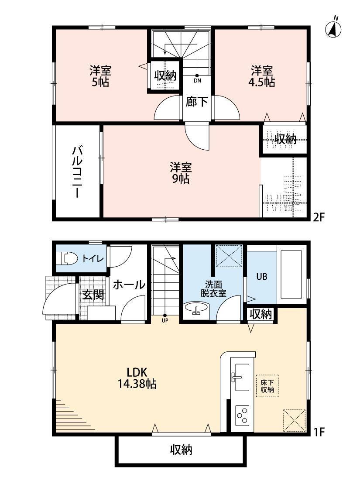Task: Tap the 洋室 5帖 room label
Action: point(101,76)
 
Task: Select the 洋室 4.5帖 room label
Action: point(262,76)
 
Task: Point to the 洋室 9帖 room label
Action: point(180,172)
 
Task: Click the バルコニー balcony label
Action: point(78,172)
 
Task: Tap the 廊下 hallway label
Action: point(196,102)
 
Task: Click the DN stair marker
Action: point(197,79)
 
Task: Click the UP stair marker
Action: point(165,318)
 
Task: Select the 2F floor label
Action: point(319,217)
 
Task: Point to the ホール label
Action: point(129,285)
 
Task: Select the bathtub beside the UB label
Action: point(292,276)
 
